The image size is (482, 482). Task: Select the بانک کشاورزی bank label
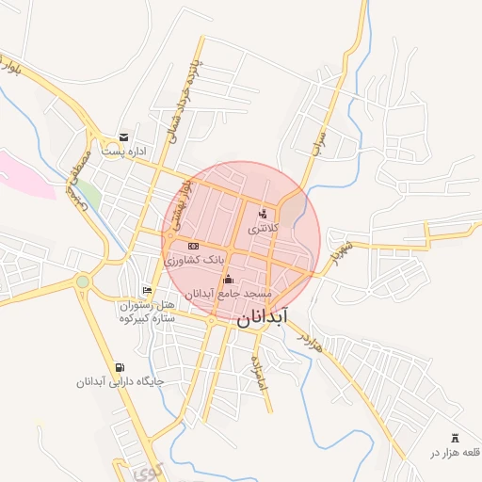pos(196,259)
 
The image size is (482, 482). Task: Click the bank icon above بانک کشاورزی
pos(193,246)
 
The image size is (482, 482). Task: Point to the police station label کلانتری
pos(264,228)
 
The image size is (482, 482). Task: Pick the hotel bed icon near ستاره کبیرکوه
pos(146,291)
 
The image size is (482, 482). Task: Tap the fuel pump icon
pos(119,368)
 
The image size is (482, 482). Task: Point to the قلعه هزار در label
pos(456,453)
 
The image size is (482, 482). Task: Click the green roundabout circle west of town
pos(83,281)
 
